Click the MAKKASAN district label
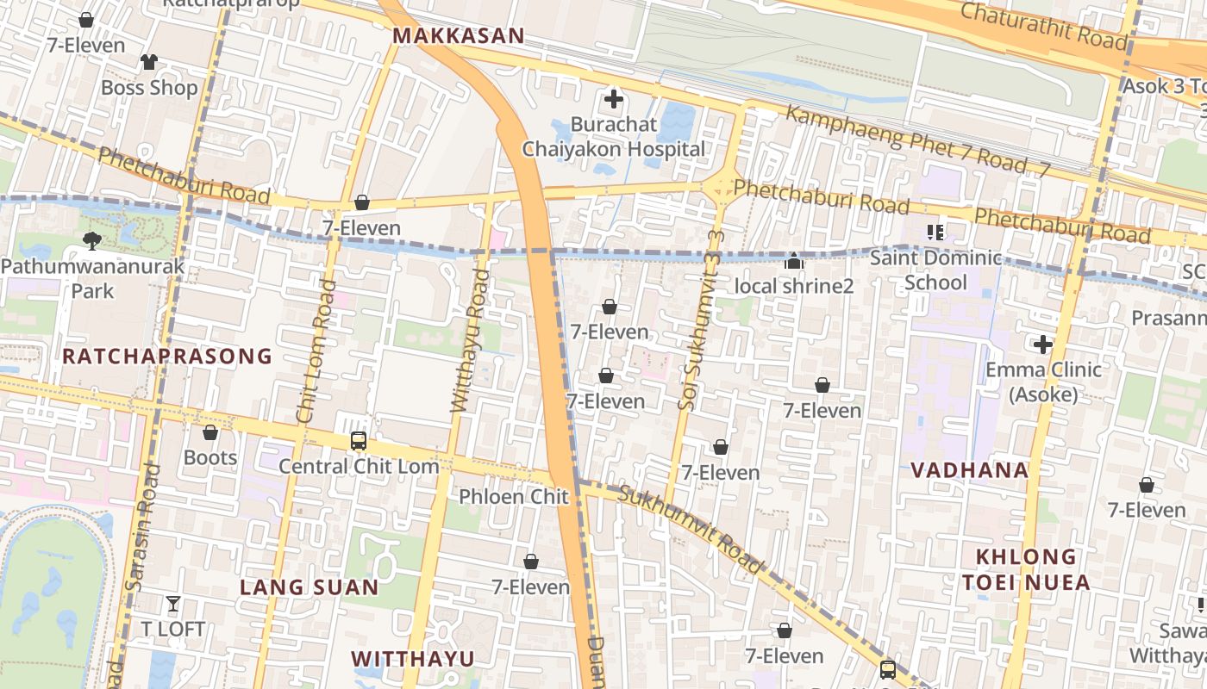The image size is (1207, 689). click(x=458, y=35)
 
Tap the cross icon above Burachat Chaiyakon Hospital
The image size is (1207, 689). click(x=613, y=100)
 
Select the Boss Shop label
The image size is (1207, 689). click(x=149, y=88)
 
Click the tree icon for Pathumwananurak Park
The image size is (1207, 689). click(x=91, y=241)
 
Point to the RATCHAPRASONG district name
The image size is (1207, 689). click(x=166, y=356)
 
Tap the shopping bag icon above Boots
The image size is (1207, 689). click(x=210, y=432)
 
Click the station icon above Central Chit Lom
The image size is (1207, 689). click(x=359, y=441)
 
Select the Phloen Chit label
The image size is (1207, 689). click(x=514, y=497)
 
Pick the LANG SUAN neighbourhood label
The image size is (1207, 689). click(x=309, y=587)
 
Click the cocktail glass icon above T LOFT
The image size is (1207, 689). click(x=173, y=604)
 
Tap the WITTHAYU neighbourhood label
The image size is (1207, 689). click(x=413, y=659)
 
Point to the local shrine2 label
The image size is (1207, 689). click(x=793, y=286)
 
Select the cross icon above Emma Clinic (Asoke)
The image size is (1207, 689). click(x=1043, y=345)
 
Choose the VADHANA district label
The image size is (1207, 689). click(x=970, y=470)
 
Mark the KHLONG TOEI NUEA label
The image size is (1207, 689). click(x=1026, y=569)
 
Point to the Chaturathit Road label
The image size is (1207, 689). click(x=1043, y=25)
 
